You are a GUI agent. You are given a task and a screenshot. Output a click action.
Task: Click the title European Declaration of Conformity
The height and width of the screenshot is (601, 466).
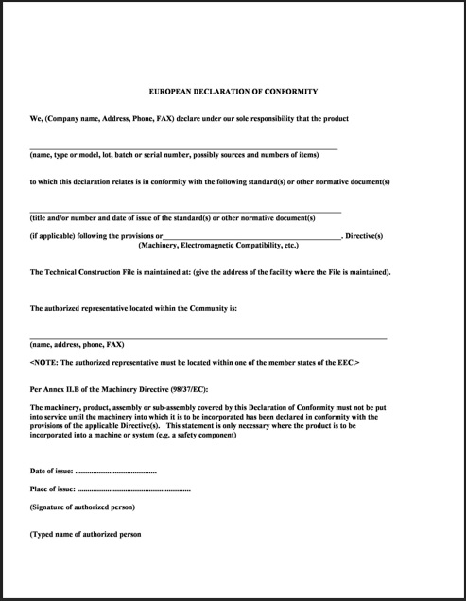click(233, 92)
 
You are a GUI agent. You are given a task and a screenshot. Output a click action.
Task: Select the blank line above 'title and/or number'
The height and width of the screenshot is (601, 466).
click(185, 211)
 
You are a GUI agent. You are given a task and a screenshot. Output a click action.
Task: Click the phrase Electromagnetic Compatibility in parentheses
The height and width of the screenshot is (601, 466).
click(232, 245)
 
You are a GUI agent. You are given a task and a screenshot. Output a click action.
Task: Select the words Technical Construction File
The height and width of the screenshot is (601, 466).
click(89, 272)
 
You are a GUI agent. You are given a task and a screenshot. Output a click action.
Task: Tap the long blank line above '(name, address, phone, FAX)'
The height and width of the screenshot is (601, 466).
click(208, 337)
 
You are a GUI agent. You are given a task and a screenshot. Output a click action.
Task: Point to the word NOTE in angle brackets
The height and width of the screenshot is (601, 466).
click(45, 363)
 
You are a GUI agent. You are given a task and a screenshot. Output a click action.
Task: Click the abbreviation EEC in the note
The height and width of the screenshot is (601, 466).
click(346, 363)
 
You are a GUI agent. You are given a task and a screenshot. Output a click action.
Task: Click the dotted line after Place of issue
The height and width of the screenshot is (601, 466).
click(132, 489)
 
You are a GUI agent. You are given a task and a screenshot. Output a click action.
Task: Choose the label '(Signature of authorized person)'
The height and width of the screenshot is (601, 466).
click(83, 507)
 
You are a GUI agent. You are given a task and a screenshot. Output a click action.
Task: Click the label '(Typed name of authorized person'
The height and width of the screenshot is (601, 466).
click(85, 534)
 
